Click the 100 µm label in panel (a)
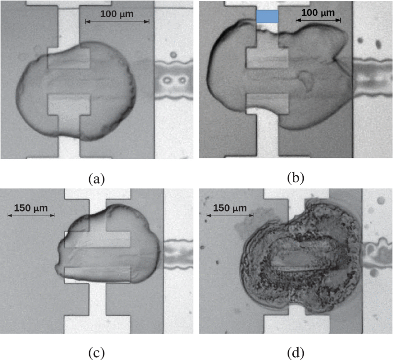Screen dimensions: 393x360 click(117, 14)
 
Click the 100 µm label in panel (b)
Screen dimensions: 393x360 click(318, 12)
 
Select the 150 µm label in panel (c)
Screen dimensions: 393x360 click(31, 208)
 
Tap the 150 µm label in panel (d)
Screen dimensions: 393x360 click(230, 208)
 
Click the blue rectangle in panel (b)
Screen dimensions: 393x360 click(267, 17)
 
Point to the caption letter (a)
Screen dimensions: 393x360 click(96, 179)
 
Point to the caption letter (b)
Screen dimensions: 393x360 click(296, 178)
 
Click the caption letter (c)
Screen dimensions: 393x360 click(96, 353)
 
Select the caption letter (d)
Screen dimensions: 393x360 click(296, 353)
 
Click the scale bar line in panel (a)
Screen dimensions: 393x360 click(117, 22)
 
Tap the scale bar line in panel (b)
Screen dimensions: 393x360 click(318, 20)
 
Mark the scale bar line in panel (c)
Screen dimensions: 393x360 click(31, 215)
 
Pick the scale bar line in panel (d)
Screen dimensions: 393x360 click(230, 215)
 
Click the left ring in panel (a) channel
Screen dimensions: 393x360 click(166, 80)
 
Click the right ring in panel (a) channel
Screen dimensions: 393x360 click(182, 80)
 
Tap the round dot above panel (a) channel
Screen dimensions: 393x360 click(173, 55)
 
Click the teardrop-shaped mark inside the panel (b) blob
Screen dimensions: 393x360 click(306, 79)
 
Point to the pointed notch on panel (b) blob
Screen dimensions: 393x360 click(335, 59)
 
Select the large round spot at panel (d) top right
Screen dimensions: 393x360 click(381, 201)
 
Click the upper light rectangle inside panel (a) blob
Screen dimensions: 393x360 click(69, 58)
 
